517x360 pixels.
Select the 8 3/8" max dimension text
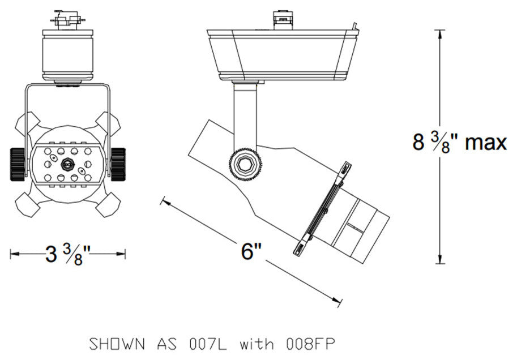click(459, 142)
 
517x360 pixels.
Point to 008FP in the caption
click(311, 344)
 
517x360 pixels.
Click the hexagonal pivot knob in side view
click(245, 165)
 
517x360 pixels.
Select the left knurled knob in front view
click(18, 164)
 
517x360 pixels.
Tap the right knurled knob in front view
click(118, 164)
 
